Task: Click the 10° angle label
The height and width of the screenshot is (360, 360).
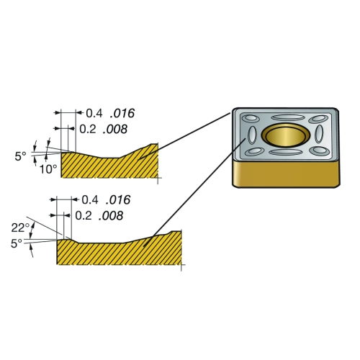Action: pyautogui.click(x=48, y=169)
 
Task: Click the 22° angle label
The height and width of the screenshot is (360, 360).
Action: pyautogui.click(x=20, y=228)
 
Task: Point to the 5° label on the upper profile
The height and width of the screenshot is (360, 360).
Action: pyautogui.click(x=20, y=156)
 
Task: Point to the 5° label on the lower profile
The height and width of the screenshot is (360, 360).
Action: pyautogui.click(x=17, y=243)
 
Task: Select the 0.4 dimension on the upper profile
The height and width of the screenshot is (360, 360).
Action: pyautogui.click(x=94, y=113)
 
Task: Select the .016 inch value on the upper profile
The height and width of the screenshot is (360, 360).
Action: pyautogui.click(x=122, y=113)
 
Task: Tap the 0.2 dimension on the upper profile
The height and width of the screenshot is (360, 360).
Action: pyautogui.click(x=88, y=129)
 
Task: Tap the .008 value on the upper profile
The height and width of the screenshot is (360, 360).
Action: pyautogui.click(x=115, y=129)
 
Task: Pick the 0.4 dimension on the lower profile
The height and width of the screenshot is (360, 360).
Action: pyautogui.click(x=90, y=199)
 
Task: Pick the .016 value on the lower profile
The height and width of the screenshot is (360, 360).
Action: pyautogui.click(x=118, y=199)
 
